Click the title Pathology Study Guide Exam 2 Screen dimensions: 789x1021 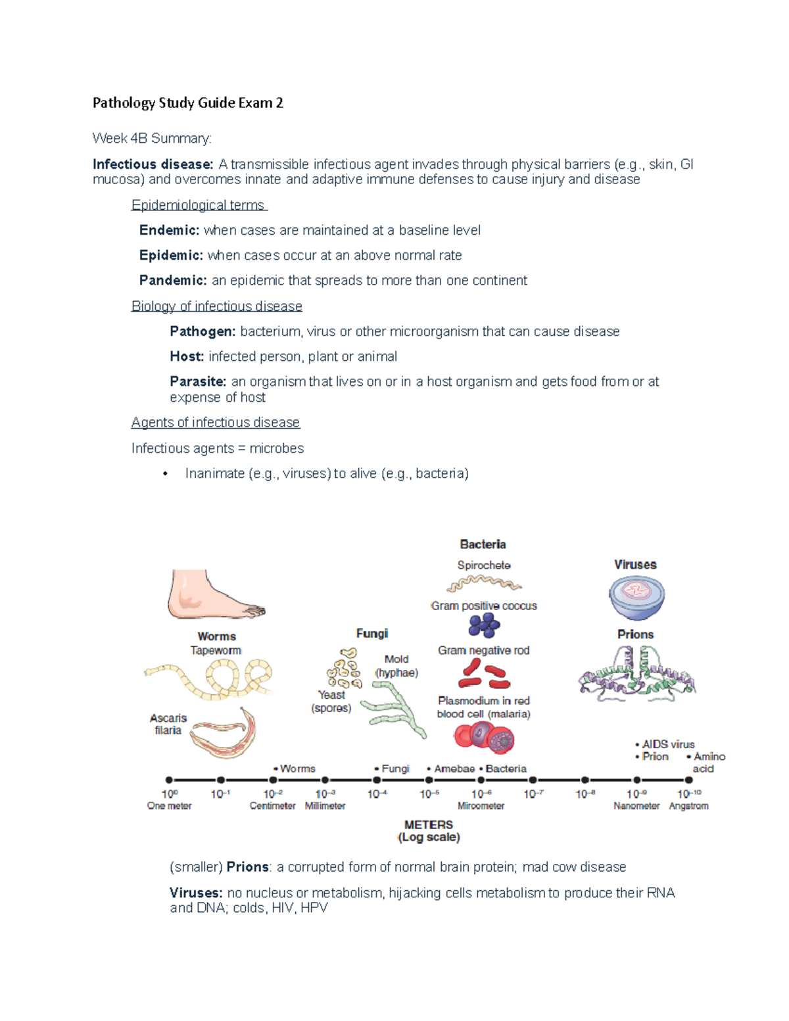pos(187,103)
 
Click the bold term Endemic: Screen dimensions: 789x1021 pos(169,230)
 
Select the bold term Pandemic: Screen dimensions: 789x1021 pos(173,280)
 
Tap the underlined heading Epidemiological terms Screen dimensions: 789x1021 pos(198,205)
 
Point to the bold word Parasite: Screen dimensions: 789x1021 pos(198,381)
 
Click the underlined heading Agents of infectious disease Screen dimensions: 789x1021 pos(216,422)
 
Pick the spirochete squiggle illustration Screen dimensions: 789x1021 pos(484,583)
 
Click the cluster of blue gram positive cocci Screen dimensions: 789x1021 pos(484,625)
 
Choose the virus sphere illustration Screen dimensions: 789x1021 pos(636,596)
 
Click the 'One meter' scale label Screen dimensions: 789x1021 pos(169,806)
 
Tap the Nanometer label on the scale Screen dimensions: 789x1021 pos(636,806)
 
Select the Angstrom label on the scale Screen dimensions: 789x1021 pos(688,806)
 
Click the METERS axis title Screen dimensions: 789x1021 pos(429,824)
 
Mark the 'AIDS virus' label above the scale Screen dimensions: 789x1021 pos(667,744)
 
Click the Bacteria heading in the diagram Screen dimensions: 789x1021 pos(483,544)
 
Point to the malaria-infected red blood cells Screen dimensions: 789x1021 pos(484,738)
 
